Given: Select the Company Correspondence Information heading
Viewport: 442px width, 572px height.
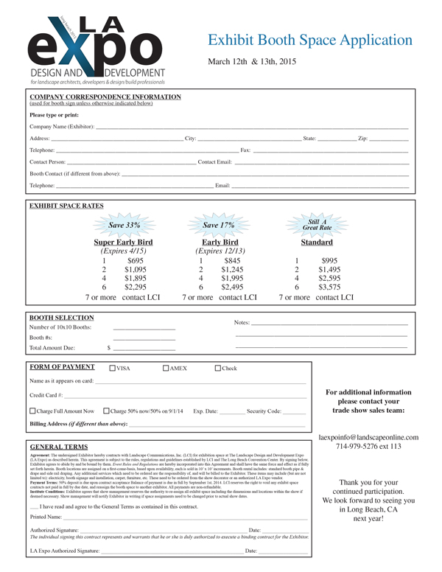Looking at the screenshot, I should pos(105,97).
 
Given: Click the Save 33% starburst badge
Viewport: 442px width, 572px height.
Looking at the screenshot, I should pos(124,225).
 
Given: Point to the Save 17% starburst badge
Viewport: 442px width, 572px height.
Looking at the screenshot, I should pos(219,225).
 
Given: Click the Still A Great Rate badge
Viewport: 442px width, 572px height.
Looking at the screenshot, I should pos(317,225).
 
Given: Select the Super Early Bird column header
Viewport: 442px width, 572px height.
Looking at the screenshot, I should pos(124,242).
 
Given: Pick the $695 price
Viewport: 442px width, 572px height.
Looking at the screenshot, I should pos(136,260).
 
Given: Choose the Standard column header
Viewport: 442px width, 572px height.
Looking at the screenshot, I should pos(316,242).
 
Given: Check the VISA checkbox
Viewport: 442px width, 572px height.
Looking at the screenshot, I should pos(112,369).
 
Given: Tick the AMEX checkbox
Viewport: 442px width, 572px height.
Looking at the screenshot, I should pos(166,369).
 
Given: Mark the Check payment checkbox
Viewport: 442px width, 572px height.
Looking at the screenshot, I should pos(217,369).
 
